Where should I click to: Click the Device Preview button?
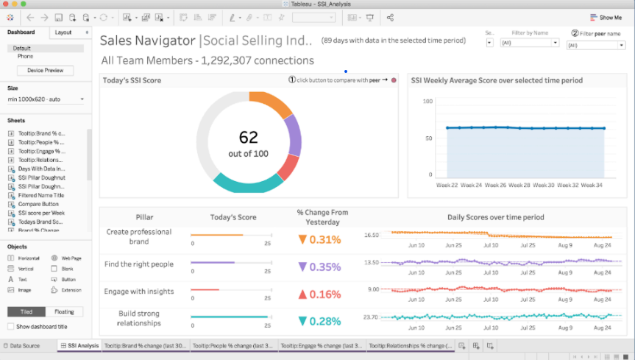click(45, 71)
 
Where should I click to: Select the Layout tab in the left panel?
click(64, 32)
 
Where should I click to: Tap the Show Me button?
click(605, 18)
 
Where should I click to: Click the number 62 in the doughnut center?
click(249, 136)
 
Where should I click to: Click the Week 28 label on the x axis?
click(519, 186)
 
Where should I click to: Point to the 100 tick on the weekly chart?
click(426, 101)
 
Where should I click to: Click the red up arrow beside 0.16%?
click(302, 294)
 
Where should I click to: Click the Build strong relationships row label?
click(139, 318)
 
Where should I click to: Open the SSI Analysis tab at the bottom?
click(78, 345)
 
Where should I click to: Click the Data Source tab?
click(25, 345)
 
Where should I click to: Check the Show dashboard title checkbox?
click(11, 326)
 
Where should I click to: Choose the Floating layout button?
click(65, 311)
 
